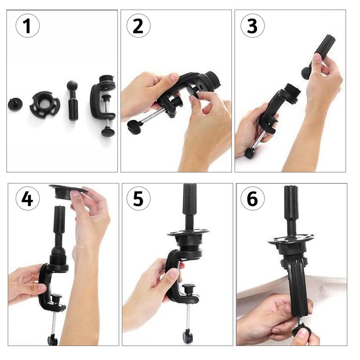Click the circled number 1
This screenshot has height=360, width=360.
[x=27, y=26]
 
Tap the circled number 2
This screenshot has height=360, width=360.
[x=139, y=26]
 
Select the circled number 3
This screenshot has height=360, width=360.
[x=252, y=26]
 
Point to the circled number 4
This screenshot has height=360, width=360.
[x=27, y=198]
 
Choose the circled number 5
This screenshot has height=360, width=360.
[x=139, y=198]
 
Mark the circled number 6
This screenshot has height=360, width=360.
[x=252, y=198]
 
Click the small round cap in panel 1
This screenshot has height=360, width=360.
[x=15, y=104]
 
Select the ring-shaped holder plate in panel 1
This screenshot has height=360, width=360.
[x=45, y=103]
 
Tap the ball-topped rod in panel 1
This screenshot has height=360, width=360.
[x=73, y=100]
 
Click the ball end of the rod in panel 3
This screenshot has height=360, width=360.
[x=306, y=72]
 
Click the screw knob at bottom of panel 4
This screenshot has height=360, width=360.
[x=53, y=340]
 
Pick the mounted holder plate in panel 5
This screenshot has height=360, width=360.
[x=189, y=237]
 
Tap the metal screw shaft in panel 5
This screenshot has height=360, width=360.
[x=188, y=316]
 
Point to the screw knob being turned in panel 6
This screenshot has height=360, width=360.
[x=299, y=330]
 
